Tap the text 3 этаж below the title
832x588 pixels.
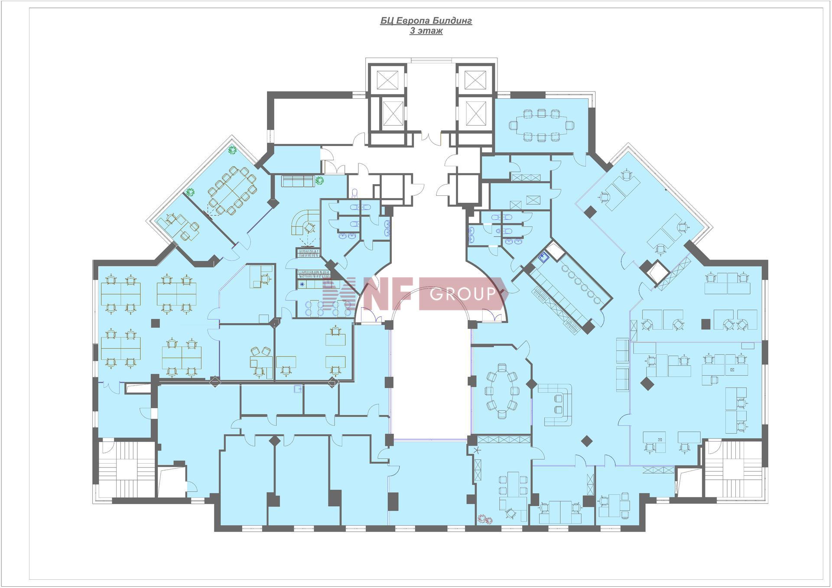click(426, 31)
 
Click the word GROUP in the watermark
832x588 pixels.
click(462, 294)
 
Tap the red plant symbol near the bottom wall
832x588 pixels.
click(483, 518)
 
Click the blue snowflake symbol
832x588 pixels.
click(302, 284)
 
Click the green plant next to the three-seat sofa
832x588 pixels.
click(320, 180)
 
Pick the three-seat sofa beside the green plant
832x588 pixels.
click(298, 181)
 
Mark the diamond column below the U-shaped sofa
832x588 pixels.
click(586, 441)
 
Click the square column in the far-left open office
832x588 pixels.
click(155, 323)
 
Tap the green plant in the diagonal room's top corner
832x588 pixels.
click(232, 150)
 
